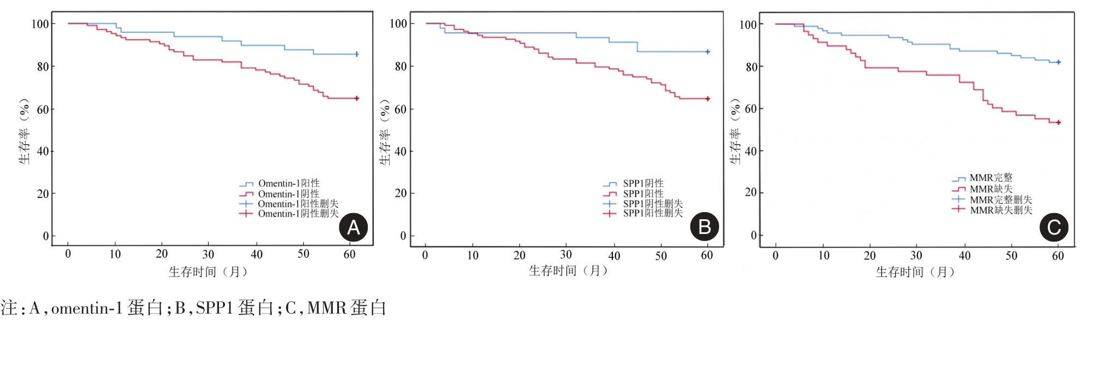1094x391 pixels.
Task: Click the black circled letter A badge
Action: pyautogui.click(x=353, y=227)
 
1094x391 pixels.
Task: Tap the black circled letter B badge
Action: pyautogui.click(x=704, y=227)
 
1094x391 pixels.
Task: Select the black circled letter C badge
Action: pyautogui.click(x=1054, y=227)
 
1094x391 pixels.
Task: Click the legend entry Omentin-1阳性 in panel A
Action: pyautogui.click(x=288, y=183)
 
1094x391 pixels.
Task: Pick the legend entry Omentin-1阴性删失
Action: pyautogui.click(x=298, y=214)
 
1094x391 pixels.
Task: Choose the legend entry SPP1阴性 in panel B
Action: pyautogui.click(x=643, y=183)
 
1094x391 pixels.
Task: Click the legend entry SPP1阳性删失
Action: pyautogui.click(x=653, y=213)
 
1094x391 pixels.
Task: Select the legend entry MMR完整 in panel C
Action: pyautogui.click(x=990, y=178)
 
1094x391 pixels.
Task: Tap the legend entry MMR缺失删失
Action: pyautogui.click(x=1001, y=210)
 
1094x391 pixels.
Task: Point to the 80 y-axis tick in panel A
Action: pyautogui.click(x=42, y=67)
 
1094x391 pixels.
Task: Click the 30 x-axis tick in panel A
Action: pyautogui.click(x=208, y=254)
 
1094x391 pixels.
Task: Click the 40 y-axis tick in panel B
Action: pyautogui.click(x=400, y=151)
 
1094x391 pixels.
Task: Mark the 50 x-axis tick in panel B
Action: pyautogui.click(x=661, y=255)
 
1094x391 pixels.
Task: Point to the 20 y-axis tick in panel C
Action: pyautogui.click(x=751, y=193)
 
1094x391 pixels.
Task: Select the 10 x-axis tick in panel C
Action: pyautogui.click(x=824, y=255)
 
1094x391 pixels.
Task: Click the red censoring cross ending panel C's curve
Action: pyautogui.click(x=1059, y=123)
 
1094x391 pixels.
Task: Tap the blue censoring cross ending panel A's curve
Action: pyautogui.click(x=357, y=55)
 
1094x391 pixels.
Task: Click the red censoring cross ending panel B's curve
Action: pyautogui.click(x=708, y=99)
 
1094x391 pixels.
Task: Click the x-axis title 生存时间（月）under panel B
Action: pyautogui.click(x=568, y=270)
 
